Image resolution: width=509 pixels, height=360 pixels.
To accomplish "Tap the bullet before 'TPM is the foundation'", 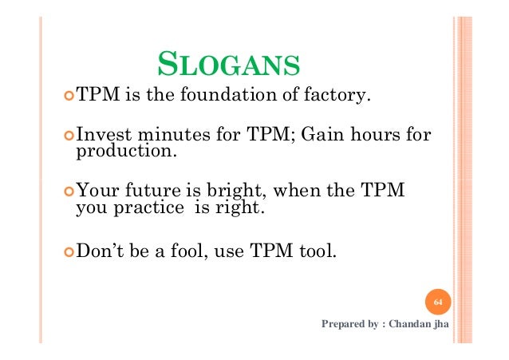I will click(x=69, y=97).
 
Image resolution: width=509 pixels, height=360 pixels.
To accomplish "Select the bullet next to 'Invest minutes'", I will click(x=69, y=136).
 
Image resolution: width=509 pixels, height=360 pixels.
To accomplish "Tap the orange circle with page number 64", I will click(x=437, y=303).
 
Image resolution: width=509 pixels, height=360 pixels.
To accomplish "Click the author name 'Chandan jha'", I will click(x=420, y=325).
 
